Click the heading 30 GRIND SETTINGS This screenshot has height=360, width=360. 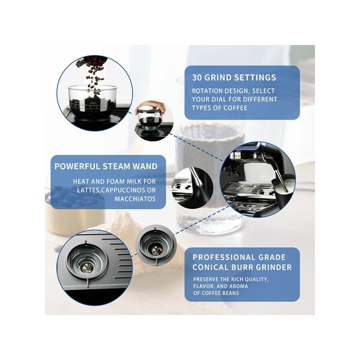(x=234, y=77)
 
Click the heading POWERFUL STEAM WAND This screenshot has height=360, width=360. (x=106, y=166)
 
